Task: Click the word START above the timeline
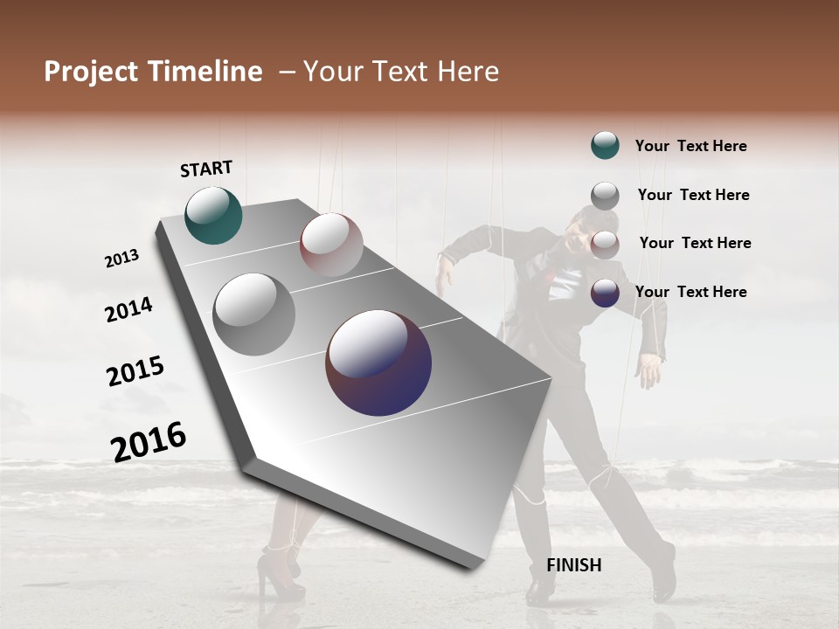tap(206, 169)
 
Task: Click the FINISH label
tap(573, 565)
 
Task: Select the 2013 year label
tap(121, 258)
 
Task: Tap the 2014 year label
tap(128, 309)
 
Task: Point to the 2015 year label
tap(135, 371)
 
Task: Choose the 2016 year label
tap(149, 441)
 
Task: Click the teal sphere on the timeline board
tap(213, 215)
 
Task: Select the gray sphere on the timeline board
tap(254, 314)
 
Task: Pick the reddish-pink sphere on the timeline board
tap(331, 245)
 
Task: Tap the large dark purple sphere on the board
tap(378, 363)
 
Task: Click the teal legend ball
tap(605, 145)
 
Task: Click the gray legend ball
tap(605, 195)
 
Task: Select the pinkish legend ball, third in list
tap(605, 244)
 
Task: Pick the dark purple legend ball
tap(605, 293)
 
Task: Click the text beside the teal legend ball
tap(690, 146)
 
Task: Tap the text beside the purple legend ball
tap(690, 292)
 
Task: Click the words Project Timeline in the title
tap(153, 72)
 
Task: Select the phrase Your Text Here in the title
tap(400, 72)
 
